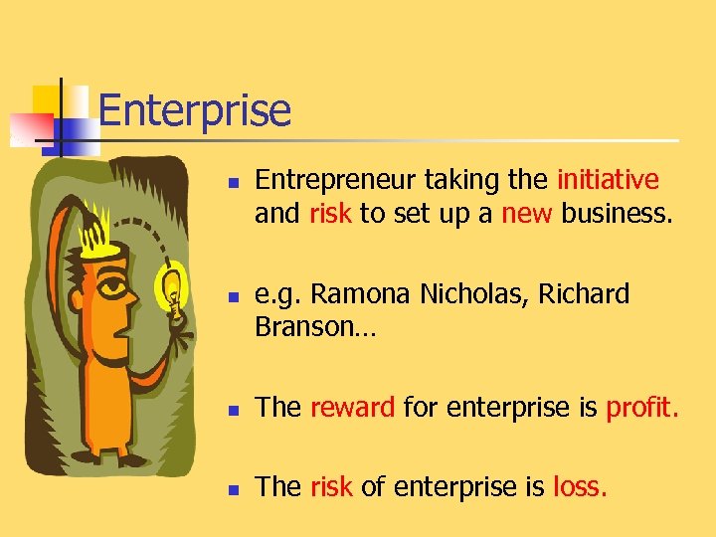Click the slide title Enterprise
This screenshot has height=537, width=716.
coord(195,110)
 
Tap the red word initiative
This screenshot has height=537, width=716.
coord(608,180)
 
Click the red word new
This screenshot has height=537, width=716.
coord(527,213)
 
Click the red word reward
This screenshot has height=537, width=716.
coord(353,406)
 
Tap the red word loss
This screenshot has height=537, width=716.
coord(580,486)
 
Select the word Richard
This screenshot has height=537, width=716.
coord(581,294)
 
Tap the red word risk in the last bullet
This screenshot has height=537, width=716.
coord(331,486)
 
